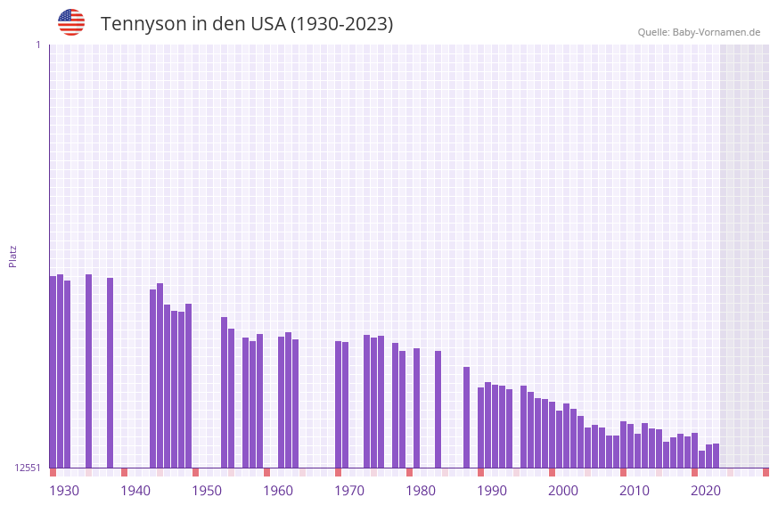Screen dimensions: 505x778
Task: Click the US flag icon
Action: (x=71, y=22)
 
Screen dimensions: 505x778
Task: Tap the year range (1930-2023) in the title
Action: (x=341, y=24)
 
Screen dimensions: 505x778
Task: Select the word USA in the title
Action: (x=267, y=24)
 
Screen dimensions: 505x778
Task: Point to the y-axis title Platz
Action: (x=12, y=256)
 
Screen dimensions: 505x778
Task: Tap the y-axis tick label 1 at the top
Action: (x=37, y=45)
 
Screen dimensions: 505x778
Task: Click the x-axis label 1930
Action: (x=64, y=491)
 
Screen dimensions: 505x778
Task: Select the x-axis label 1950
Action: (x=207, y=491)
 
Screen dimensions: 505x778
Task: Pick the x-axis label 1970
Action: (x=349, y=491)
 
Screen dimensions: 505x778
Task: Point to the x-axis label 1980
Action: (x=421, y=491)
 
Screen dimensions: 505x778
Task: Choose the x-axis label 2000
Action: (x=563, y=491)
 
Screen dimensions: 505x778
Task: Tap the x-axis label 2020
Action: (x=706, y=491)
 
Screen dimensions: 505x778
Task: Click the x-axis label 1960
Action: (x=278, y=491)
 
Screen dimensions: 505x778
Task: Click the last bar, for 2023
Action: (x=716, y=455)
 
